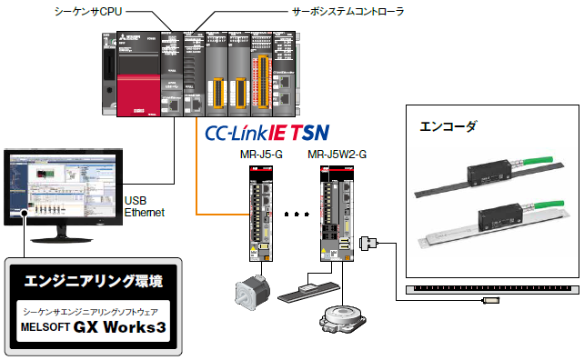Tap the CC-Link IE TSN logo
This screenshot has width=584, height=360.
(267, 134)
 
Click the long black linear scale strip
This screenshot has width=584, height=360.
(489, 291)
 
